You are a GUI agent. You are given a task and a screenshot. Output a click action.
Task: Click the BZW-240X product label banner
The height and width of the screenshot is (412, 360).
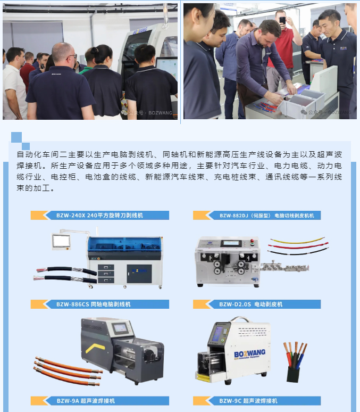point(100,215)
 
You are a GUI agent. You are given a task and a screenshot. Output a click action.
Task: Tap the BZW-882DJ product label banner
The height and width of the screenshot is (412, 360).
point(257,215)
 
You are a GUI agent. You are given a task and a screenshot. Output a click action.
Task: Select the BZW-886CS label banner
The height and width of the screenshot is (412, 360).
point(100,304)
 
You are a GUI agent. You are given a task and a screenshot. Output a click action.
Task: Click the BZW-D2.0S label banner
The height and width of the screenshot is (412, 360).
point(257,304)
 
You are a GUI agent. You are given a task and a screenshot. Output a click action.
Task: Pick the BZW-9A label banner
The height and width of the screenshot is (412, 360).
point(100,401)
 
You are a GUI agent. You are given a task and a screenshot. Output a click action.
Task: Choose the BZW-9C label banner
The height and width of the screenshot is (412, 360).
point(257,401)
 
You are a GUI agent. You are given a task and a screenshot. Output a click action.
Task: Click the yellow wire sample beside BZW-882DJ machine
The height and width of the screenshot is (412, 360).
point(297,241)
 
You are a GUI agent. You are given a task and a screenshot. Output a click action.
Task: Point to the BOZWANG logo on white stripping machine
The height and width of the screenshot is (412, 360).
point(249,353)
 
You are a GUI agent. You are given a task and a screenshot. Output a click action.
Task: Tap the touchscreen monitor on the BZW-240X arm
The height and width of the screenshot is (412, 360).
point(61,241)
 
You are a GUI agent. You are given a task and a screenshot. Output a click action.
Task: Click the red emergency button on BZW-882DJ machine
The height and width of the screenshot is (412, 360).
point(253,241)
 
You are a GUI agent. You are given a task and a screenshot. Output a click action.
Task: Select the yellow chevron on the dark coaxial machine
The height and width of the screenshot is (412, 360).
point(95,348)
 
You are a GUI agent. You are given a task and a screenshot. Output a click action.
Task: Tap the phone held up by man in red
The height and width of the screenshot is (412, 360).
point(282,20)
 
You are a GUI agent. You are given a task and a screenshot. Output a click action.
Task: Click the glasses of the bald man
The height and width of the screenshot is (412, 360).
point(72,56)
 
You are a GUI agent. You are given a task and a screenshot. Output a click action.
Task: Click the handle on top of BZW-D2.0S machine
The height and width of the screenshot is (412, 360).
point(239,319)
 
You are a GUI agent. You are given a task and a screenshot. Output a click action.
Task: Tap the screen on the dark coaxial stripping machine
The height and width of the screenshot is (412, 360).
point(120,328)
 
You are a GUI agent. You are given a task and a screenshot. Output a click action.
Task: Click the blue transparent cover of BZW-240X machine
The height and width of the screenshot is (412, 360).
point(125,244)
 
